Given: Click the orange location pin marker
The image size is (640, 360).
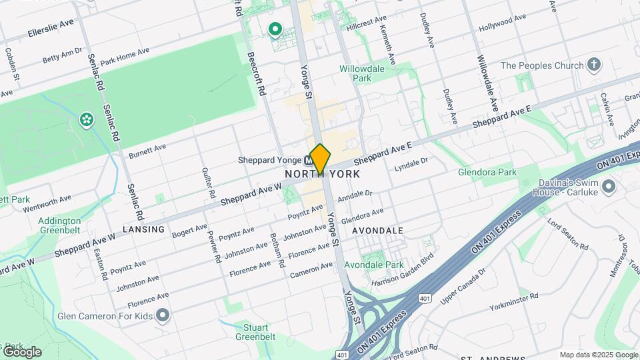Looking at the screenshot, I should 320,159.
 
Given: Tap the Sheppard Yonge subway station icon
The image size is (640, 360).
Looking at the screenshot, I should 309,161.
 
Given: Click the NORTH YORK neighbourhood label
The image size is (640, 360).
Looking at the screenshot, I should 323,174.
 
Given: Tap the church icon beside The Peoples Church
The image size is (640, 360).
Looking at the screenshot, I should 594,65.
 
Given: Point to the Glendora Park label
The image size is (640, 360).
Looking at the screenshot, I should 487,172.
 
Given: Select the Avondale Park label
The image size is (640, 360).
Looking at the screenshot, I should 385,265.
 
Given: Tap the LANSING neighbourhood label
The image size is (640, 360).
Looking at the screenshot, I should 143,229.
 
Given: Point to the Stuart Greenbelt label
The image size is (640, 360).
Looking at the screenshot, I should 256,332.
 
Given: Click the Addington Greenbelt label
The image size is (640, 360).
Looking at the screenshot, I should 59,225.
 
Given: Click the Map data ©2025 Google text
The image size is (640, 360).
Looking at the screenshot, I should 598,355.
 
